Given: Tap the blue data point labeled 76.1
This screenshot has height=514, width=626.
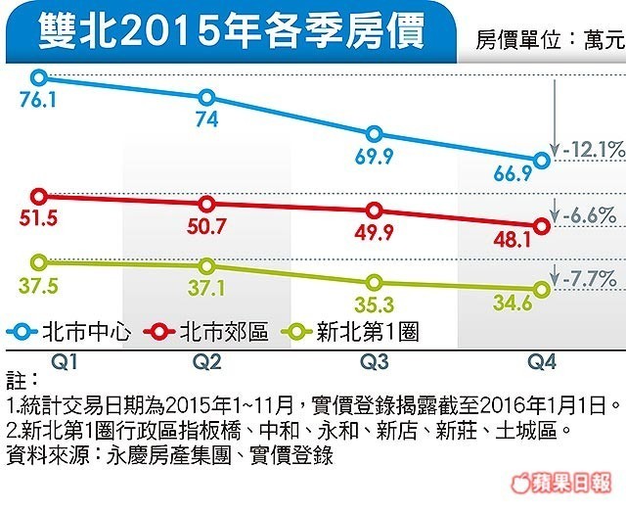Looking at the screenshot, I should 40,76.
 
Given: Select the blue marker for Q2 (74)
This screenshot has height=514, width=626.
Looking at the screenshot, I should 206,97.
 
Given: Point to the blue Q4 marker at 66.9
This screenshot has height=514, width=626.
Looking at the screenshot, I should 544,160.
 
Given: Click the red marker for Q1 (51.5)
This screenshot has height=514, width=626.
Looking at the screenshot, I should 40,196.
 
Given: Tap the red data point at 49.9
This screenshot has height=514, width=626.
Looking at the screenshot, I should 374,210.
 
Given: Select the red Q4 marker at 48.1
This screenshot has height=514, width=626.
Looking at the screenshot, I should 544,225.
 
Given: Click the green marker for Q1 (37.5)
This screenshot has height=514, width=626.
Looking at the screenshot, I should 40,262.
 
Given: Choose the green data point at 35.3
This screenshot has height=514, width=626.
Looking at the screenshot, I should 374,282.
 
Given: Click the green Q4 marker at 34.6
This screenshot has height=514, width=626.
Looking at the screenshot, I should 544,289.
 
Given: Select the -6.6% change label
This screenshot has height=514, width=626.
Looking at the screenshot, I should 590,214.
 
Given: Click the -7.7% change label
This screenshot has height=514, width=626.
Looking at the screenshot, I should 590,278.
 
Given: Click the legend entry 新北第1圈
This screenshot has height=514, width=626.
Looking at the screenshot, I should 366,332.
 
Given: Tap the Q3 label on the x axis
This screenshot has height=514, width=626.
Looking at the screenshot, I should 373,361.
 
